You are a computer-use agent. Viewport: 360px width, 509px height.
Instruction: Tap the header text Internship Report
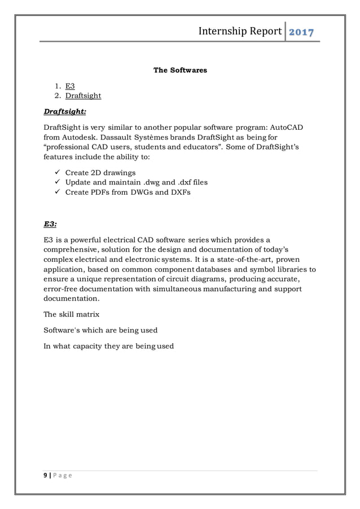[240, 30]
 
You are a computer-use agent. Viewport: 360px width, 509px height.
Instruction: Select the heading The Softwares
[180, 71]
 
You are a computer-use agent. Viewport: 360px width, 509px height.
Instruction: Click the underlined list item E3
[70, 86]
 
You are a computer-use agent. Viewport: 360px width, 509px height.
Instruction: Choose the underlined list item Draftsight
[83, 95]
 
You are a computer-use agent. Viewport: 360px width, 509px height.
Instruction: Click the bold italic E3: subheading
[51, 223]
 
